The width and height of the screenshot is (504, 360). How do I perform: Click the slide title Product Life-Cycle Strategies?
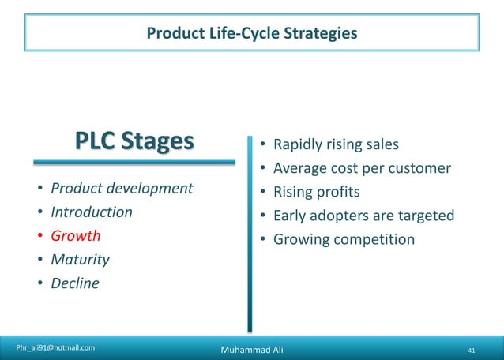click(x=251, y=32)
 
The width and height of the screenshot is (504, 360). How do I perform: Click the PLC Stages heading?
click(x=134, y=141)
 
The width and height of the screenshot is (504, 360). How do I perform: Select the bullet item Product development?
click(x=122, y=189)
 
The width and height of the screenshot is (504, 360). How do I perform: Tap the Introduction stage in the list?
click(x=92, y=212)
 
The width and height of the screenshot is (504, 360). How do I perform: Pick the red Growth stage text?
click(x=76, y=236)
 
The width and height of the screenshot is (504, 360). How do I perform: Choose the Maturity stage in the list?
click(x=80, y=260)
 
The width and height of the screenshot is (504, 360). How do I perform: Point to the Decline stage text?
click(x=75, y=283)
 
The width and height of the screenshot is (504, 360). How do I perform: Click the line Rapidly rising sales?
click(x=336, y=144)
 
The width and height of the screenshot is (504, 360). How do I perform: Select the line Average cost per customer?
click(x=362, y=168)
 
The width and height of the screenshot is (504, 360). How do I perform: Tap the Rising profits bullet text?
click(x=316, y=192)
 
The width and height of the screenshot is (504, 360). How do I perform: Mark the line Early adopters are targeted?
click(x=363, y=216)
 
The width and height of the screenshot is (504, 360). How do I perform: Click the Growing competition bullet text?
click(x=344, y=239)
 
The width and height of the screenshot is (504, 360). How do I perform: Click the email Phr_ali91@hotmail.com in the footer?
click(x=56, y=347)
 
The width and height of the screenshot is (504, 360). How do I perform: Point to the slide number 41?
click(x=472, y=349)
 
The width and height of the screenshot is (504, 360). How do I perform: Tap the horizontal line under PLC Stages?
click(x=134, y=163)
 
